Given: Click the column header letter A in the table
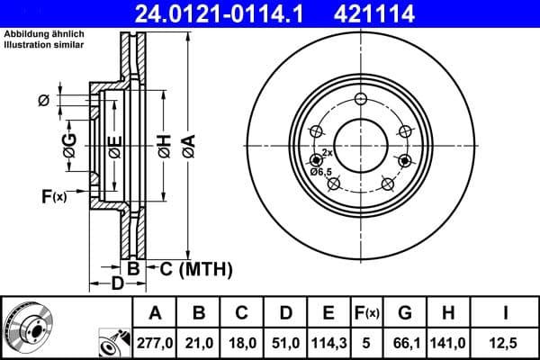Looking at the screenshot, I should (154, 313).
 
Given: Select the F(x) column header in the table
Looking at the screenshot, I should (366, 313).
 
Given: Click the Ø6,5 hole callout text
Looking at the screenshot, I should (320, 171).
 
